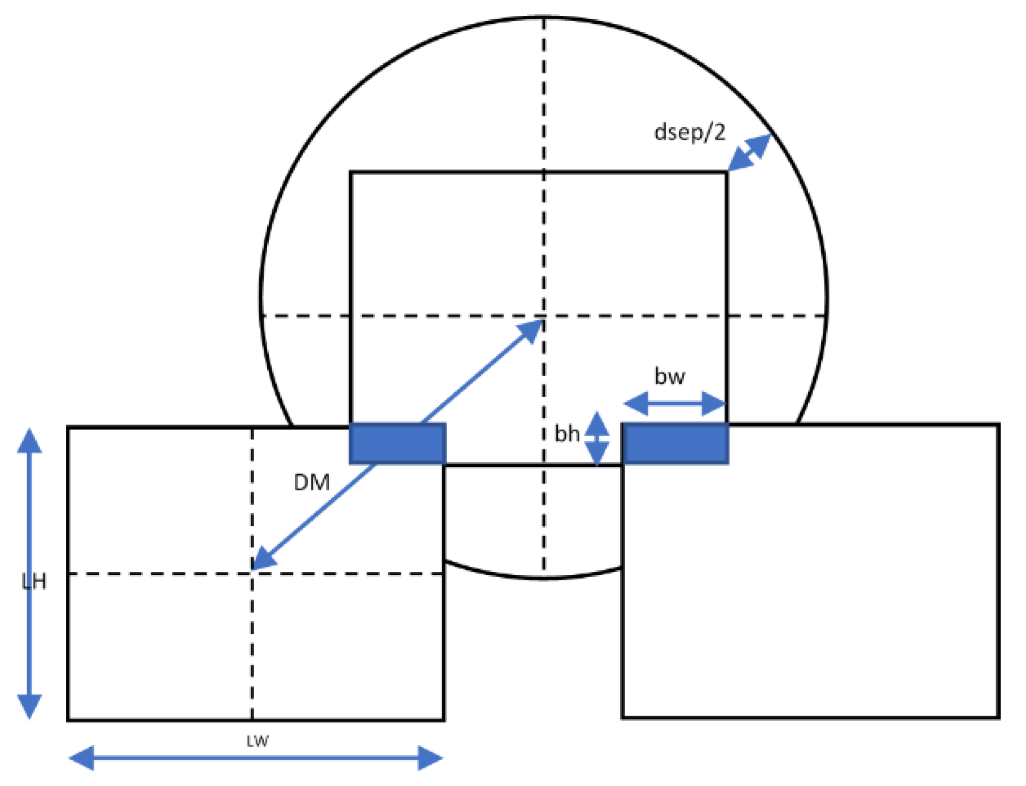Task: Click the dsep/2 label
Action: (689, 132)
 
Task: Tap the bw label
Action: (670, 376)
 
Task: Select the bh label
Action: (567, 434)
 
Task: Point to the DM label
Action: (312, 483)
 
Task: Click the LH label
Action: (34, 581)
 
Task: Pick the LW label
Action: (257, 741)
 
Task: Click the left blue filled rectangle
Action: (398, 444)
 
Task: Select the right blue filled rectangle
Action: (675, 444)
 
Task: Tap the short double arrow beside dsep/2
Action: (749, 153)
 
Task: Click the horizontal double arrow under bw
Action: (675, 403)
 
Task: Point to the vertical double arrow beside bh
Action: (597, 438)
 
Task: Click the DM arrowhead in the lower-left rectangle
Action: (263, 559)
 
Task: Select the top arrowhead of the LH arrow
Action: (29, 441)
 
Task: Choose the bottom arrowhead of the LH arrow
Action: (29, 706)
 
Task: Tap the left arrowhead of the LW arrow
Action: (81, 758)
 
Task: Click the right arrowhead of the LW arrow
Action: (430, 758)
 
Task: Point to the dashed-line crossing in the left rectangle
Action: (252, 574)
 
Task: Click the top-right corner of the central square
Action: (726, 172)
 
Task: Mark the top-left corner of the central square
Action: (351, 172)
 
